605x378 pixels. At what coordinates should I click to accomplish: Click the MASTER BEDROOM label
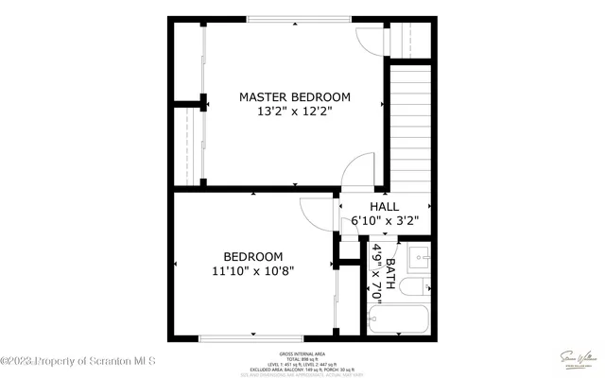click(x=294, y=96)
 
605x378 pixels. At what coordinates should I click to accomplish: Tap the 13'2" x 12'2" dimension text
click(x=294, y=112)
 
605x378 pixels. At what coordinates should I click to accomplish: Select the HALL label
click(x=384, y=206)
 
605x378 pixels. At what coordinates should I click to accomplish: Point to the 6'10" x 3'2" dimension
click(x=384, y=221)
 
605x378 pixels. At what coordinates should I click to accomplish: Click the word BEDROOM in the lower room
click(x=252, y=256)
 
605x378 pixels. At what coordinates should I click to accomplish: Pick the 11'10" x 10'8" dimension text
click(x=252, y=270)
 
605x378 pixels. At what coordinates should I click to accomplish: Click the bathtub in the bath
click(x=399, y=320)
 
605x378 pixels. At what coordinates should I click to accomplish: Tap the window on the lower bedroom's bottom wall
click(x=251, y=338)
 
